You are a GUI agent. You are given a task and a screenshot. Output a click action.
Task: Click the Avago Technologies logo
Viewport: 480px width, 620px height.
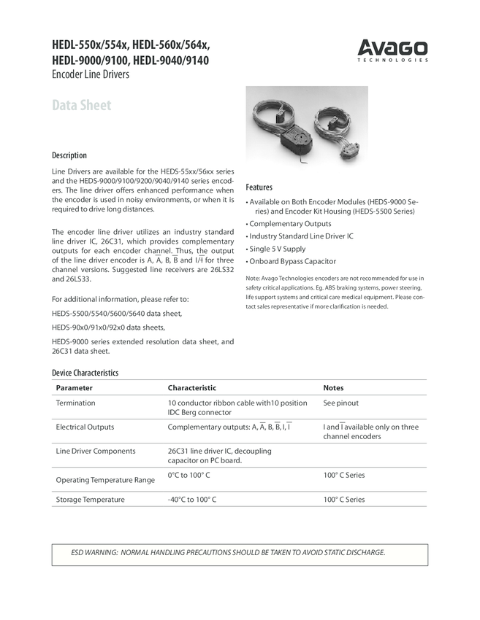click(392, 50)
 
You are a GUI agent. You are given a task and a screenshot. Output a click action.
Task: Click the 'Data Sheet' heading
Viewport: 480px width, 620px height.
click(81, 105)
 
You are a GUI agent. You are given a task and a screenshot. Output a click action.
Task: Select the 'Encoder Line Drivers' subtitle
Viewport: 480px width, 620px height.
click(91, 74)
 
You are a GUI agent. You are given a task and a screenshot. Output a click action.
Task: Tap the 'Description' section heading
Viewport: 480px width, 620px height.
click(69, 155)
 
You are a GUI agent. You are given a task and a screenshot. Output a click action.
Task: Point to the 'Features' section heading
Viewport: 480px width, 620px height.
click(259, 187)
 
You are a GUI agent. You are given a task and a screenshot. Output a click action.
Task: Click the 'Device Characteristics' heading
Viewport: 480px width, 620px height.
click(85, 373)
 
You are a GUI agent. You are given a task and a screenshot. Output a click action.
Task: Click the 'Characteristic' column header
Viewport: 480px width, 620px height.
click(191, 388)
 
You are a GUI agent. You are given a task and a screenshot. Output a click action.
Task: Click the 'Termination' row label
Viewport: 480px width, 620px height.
click(75, 403)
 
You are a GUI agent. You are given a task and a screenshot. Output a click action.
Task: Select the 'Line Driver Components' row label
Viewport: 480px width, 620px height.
click(96, 451)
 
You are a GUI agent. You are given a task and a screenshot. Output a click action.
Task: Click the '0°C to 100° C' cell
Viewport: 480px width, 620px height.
click(188, 475)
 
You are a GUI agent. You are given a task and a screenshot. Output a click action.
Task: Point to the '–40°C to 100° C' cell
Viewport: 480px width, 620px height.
click(191, 500)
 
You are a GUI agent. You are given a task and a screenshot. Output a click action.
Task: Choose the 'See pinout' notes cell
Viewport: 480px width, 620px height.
click(340, 403)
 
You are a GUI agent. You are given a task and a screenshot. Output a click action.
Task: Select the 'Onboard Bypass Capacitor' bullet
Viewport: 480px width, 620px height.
click(292, 261)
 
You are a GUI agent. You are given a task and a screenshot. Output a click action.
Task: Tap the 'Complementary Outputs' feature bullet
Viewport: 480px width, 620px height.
click(289, 224)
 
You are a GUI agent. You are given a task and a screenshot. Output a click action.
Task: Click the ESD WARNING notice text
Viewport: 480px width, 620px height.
click(228, 552)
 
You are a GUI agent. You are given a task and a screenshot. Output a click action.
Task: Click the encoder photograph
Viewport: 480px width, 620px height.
click(307, 125)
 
